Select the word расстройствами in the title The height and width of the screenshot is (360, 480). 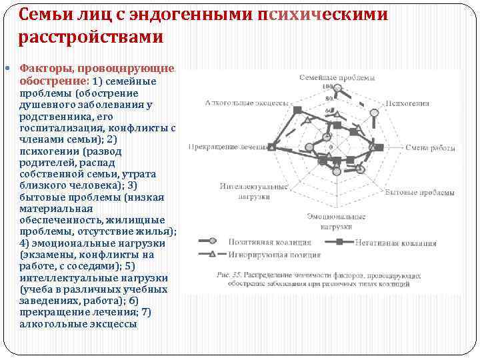click(x=91, y=37)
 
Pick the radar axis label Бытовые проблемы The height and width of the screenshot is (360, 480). click(x=420, y=192)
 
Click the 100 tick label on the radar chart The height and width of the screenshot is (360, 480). click(x=327, y=87)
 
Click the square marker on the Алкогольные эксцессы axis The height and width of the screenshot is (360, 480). click(x=297, y=110)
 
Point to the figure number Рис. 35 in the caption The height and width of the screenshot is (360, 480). click(x=229, y=274)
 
